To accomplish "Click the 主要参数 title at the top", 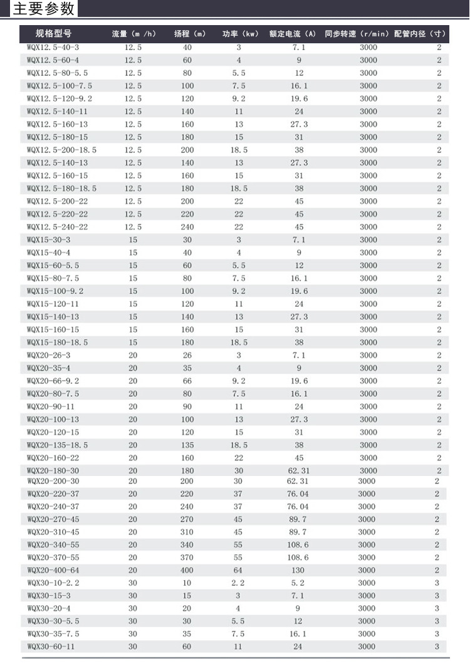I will coord(44,9).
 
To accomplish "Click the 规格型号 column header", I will coord(53,33).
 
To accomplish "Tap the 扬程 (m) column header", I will coord(189,33).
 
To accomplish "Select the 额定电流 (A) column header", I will coord(292,33).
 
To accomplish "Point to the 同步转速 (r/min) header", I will coord(357,33).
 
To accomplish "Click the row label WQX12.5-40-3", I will coord(53,48).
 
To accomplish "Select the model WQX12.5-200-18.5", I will coord(61,150).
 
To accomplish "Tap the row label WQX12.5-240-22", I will coord(57,227).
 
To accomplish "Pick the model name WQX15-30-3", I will coord(48,240).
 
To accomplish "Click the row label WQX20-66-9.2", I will coord(53,381).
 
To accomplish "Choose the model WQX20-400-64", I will coord(53,570).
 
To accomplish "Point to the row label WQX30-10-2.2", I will coord(53,583).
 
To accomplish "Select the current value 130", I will coord(298,570).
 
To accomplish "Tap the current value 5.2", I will coord(298,583).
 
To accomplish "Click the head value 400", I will coord(187,570).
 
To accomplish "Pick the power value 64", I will coord(238,570).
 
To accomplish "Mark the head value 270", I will coord(187,519).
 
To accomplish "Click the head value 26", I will coord(187,355).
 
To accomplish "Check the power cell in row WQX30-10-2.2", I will coord(238,583).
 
